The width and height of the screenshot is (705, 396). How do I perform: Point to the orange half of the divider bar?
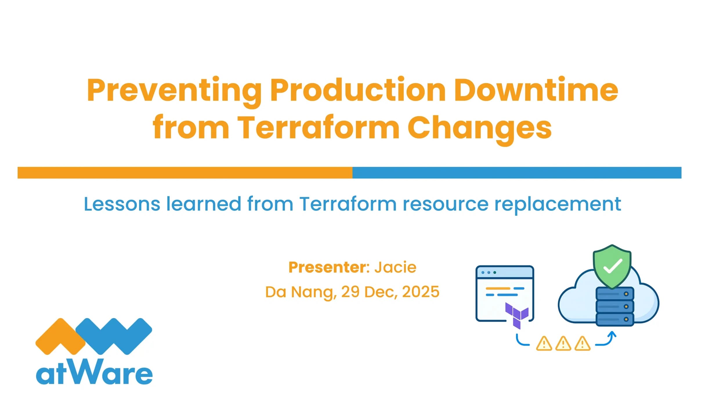tap(185, 173)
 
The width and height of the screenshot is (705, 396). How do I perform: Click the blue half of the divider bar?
tap(516, 173)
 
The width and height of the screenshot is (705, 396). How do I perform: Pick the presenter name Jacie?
tap(395, 267)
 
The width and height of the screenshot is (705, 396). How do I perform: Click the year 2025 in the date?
tap(421, 292)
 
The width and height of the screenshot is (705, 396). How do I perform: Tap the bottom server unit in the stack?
tap(614, 319)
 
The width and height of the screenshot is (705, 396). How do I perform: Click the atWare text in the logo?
tap(94, 373)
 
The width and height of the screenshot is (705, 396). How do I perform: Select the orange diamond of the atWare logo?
tap(60, 336)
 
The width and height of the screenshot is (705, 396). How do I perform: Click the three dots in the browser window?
tap(489, 273)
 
